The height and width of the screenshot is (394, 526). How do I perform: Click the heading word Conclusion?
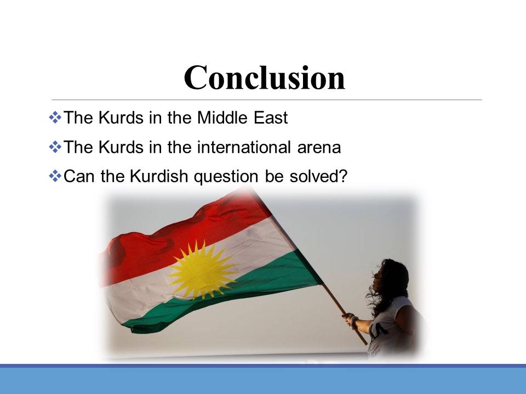tap(264, 78)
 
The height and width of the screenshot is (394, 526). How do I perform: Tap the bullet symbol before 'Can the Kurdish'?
tap(55, 176)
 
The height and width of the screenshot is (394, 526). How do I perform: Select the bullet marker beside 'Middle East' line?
tap(55, 117)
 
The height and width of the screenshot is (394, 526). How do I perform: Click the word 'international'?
tap(244, 147)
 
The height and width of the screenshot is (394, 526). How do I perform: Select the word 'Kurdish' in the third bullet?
tap(159, 176)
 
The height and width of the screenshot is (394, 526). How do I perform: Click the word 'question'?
tap(226, 177)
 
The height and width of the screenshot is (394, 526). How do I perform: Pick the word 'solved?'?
tap(318, 176)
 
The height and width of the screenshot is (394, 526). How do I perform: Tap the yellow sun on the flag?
tap(202, 270)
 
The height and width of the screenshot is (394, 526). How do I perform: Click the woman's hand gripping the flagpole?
tap(350, 319)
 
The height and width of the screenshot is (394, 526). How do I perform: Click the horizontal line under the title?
tap(267, 100)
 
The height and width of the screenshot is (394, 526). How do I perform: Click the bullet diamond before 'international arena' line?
tap(55, 147)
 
